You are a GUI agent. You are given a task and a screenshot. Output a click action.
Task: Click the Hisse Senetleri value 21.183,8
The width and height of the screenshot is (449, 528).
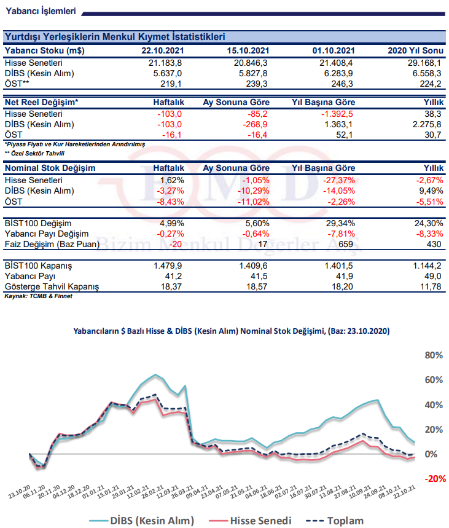[x=165, y=63]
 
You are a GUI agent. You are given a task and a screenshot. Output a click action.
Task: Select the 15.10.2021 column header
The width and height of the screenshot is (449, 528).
[x=248, y=50]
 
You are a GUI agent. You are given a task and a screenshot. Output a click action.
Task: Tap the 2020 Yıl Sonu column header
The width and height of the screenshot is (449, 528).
[x=415, y=50]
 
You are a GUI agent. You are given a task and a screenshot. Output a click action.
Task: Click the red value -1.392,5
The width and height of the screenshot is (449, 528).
[x=337, y=114]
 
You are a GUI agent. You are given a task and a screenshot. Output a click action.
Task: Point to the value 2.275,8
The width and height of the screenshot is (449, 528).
[x=427, y=124]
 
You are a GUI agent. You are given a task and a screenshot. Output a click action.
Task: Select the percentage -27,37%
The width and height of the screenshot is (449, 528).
[x=339, y=181]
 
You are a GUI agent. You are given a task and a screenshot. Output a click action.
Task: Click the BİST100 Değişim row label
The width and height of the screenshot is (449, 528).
[x=38, y=223]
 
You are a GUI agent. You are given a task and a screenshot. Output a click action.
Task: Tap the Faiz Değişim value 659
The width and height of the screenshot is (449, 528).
[x=346, y=244]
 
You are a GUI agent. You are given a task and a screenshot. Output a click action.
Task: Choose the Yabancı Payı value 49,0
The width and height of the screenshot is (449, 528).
[x=433, y=276]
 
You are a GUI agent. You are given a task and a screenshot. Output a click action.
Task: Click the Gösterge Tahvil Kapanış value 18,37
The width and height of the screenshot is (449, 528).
[x=171, y=286]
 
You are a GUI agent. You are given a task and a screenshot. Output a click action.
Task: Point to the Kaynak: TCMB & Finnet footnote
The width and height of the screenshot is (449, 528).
[x=38, y=296]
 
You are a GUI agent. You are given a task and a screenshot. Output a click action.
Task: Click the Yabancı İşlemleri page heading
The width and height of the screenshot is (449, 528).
[x=41, y=11]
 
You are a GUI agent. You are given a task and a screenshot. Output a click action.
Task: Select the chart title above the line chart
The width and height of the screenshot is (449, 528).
[x=232, y=331]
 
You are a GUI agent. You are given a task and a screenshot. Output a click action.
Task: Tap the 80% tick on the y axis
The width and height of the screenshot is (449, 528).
[x=434, y=355]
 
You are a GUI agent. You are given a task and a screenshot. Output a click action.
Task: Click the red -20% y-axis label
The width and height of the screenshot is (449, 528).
[x=435, y=479]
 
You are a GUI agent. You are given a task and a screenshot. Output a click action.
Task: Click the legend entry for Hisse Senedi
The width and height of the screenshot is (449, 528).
[x=250, y=521]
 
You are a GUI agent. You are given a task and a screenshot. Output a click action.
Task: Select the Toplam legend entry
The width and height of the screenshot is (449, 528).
[x=334, y=521]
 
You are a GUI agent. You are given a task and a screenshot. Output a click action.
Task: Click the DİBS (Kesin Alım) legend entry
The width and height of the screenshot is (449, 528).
[x=142, y=521]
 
